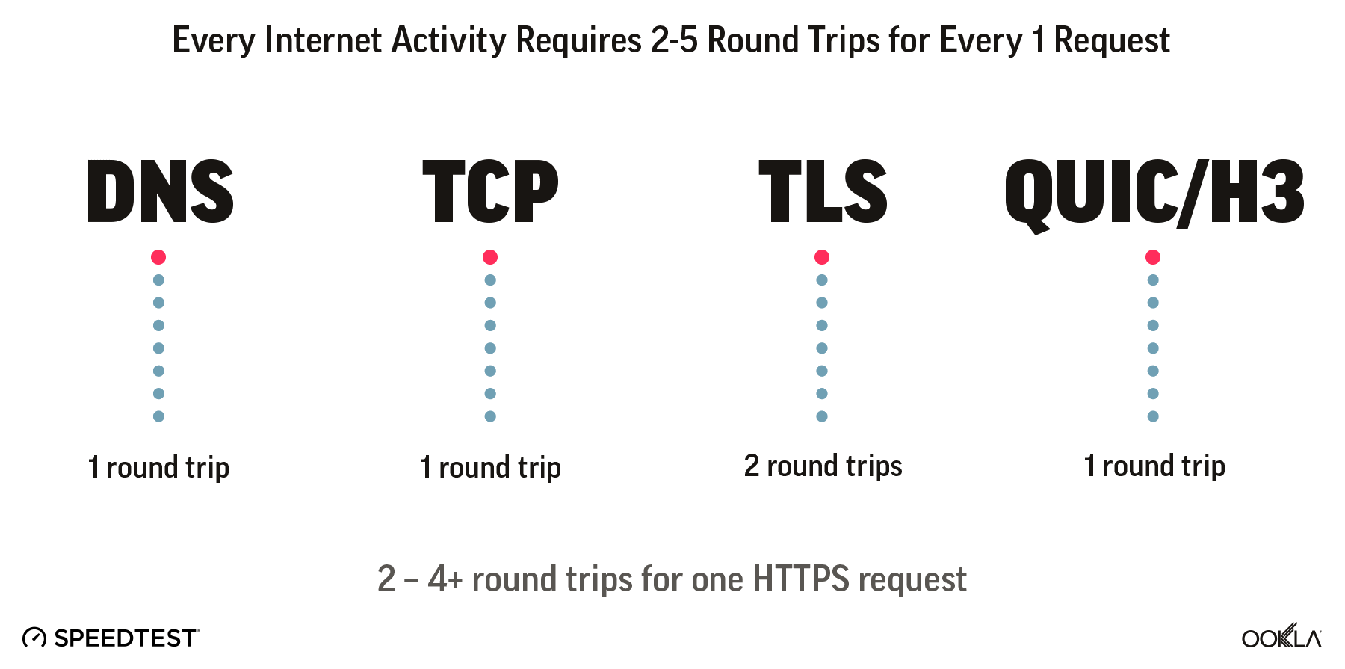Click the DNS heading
pyautogui.click(x=161, y=191)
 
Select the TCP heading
pyautogui.click(x=490, y=191)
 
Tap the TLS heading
pyautogui.click(x=823, y=191)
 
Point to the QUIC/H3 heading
pyautogui.click(x=1154, y=193)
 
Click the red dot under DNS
pyautogui.click(x=158, y=257)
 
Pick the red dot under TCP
pyautogui.click(x=490, y=257)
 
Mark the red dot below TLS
pyautogui.click(x=822, y=257)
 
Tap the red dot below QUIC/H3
pyautogui.click(x=1153, y=257)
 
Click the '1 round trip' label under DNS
pyautogui.click(x=158, y=467)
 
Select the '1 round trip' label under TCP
pyautogui.click(x=490, y=467)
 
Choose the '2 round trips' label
pyautogui.click(x=823, y=466)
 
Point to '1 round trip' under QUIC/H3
pyautogui.click(x=1154, y=466)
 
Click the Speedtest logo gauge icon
pyautogui.click(x=34, y=638)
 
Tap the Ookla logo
pyautogui.click(x=1281, y=637)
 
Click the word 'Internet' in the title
pyautogui.click(x=323, y=40)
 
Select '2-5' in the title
pyautogui.click(x=674, y=40)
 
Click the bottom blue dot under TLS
pyautogui.click(x=822, y=416)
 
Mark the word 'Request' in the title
pyautogui.click(x=1112, y=40)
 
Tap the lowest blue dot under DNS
pyautogui.click(x=158, y=416)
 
